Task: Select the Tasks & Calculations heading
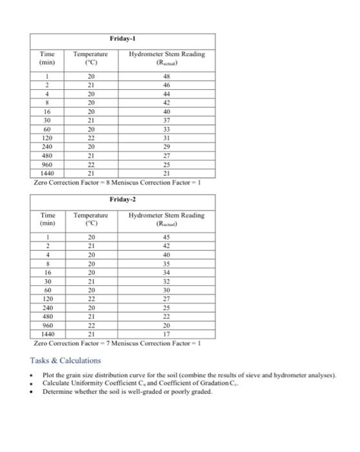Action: tap(66, 360)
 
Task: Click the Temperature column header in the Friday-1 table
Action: tap(90, 58)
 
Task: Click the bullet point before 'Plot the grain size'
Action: tap(32, 375)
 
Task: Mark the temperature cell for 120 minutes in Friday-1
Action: tap(90, 138)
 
